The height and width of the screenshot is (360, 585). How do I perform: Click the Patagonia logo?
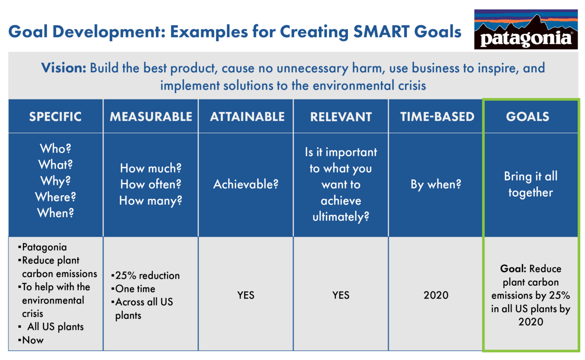(x=526, y=30)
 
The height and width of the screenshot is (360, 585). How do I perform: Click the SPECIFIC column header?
(x=55, y=117)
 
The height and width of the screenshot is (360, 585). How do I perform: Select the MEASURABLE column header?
(x=151, y=117)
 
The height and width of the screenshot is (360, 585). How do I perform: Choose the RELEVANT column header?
(x=341, y=117)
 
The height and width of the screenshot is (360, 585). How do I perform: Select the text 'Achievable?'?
(x=246, y=185)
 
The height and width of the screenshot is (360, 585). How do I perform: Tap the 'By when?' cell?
(x=436, y=185)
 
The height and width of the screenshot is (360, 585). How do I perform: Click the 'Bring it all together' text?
(x=531, y=184)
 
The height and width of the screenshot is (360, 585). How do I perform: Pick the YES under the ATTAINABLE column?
(x=246, y=295)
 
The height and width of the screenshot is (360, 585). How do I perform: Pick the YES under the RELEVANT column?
(x=341, y=295)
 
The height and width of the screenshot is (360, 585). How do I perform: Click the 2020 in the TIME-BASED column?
(x=436, y=295)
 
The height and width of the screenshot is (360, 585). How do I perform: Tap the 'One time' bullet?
(x=135, y=289)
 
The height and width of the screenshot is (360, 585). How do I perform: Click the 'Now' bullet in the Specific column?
(x=33, y=340)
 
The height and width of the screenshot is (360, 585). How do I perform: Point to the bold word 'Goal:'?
(x=512, y=269)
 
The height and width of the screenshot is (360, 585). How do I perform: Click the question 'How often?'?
(x=151, y=185)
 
